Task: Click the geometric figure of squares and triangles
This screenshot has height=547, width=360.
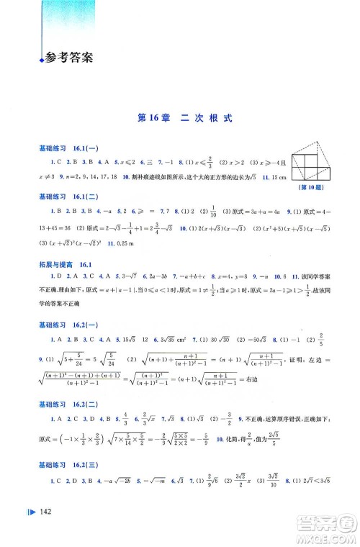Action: coord(303,156)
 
